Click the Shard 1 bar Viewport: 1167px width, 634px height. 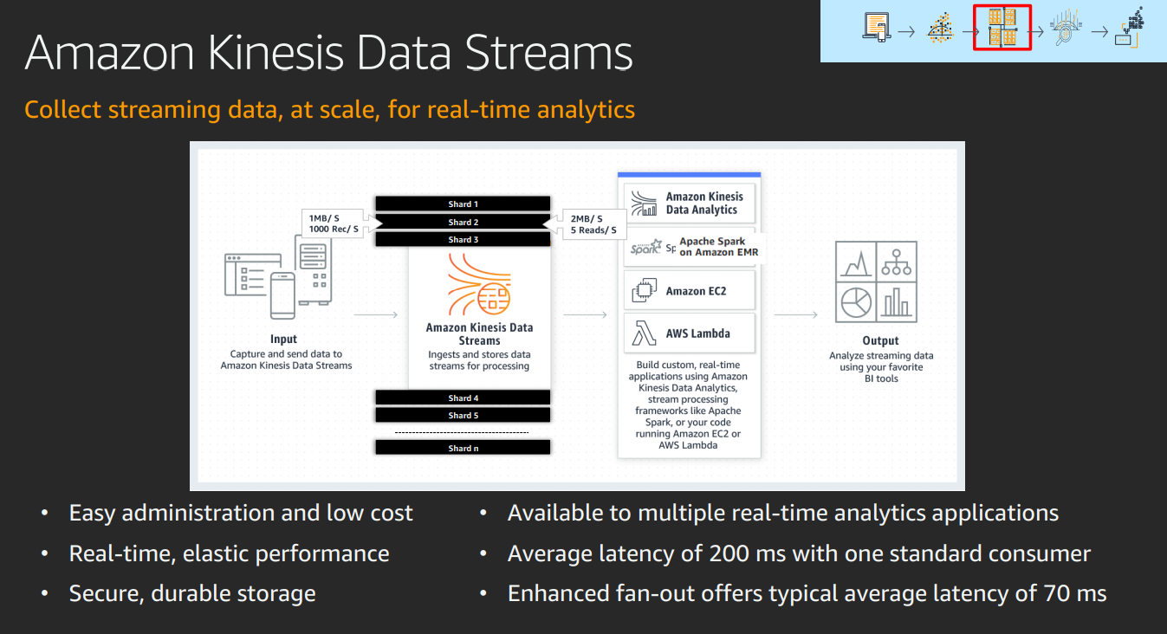click(x=463, y=204)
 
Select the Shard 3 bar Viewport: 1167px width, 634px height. click(x=463, y=240)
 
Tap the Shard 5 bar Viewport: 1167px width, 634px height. click(x=463, y=415)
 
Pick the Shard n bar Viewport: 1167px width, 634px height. click(x=463, y=448)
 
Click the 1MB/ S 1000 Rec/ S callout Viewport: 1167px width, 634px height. click(x=334, y=223)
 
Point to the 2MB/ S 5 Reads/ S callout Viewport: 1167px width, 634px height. click(x=593, y=224)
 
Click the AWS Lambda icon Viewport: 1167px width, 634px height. click(x=644, y=333)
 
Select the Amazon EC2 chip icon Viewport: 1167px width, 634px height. click(x=644, y=291)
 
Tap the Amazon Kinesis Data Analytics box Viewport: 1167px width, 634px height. click(x=690, y=204)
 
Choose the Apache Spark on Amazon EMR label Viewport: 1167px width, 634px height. click(x=718, y=247)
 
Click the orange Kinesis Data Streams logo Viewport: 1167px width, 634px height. click(x=479, y=284)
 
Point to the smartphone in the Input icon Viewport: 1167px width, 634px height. click(x=282, y=295)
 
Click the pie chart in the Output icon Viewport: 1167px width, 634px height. click(x=856, y=302)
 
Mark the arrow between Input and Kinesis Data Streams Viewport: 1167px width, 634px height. click(x=376, y=314)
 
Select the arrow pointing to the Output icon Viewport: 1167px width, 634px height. click(x=795, y=314)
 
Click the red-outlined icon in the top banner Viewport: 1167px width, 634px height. click(x=1002, y=28)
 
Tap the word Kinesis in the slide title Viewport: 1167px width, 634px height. click(x=276, y=53)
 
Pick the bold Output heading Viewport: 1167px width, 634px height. click(x=880, y=340)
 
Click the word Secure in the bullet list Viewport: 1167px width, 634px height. click(x=107, y=594)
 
